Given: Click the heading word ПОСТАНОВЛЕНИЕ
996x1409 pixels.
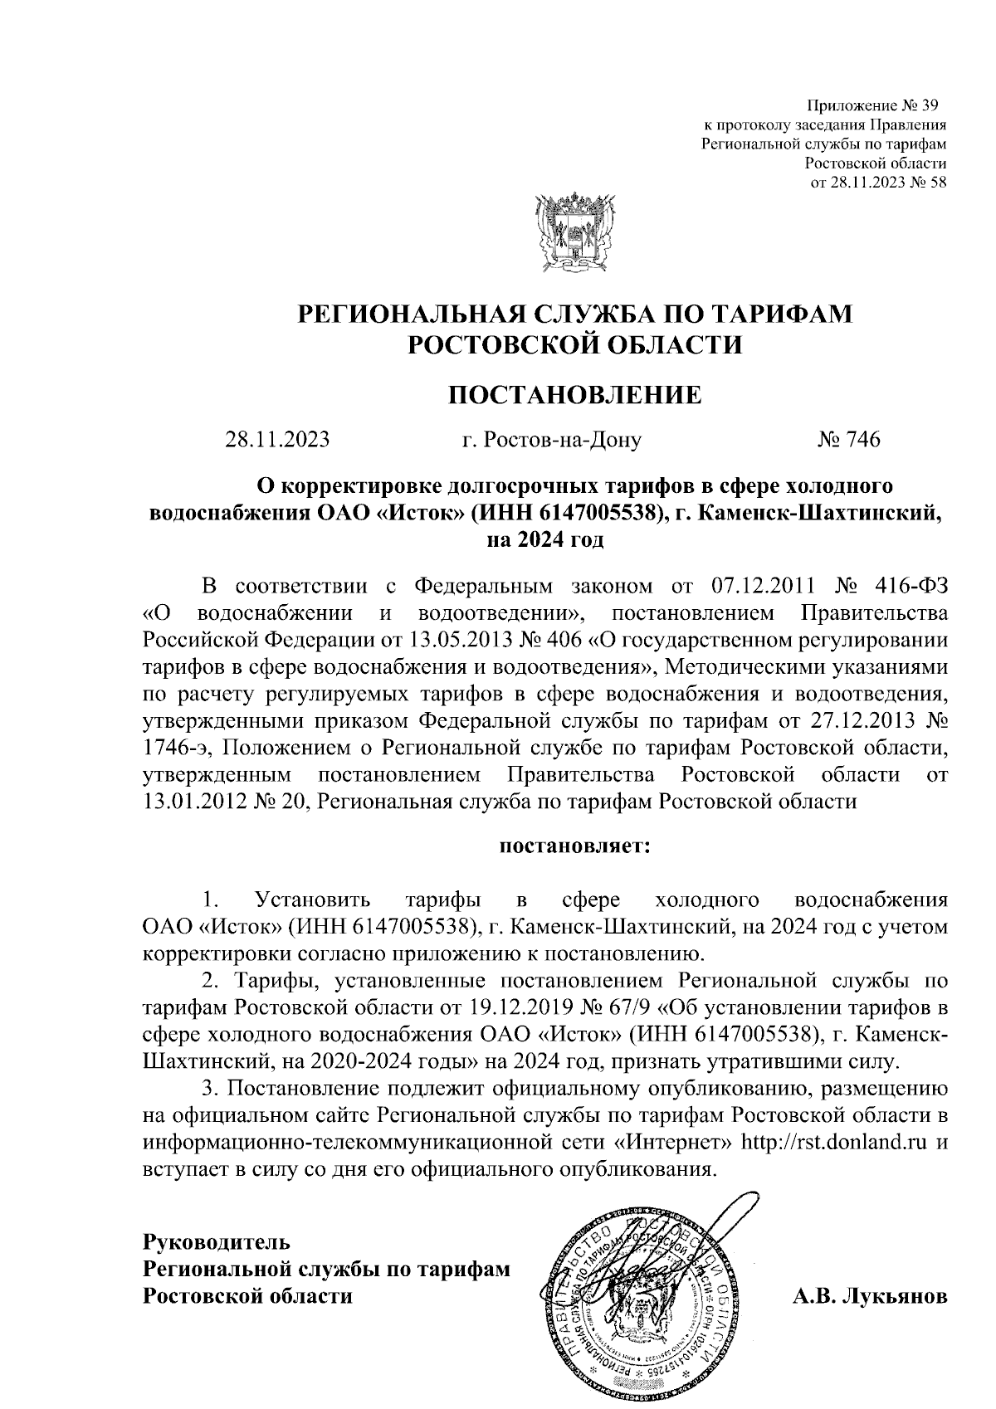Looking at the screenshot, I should [574, 394].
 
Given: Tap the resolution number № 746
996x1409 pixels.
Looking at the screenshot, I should [848, 440].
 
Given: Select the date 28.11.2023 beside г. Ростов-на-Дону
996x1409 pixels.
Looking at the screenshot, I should [277, 440].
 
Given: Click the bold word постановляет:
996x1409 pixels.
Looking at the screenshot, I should [574, 847].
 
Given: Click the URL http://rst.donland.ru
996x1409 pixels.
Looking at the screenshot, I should [833, 1142].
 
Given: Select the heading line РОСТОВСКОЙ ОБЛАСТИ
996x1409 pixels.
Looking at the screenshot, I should [574, 343].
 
